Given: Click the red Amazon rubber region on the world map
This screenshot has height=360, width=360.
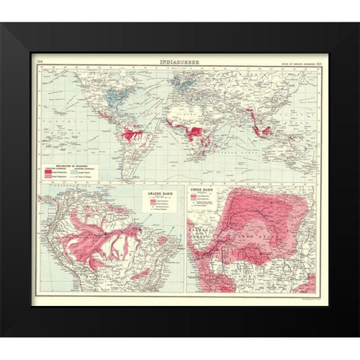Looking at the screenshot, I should pyautogui.click(x=133, y=135).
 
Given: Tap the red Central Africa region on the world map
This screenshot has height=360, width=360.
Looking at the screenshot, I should pyautogui.click(x=196, y=132).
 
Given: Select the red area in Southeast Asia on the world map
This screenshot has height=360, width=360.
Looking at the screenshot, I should pyautogui.click(x=265, y=129).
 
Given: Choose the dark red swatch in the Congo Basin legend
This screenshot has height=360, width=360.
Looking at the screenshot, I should pyautogui.click(x=194, y=198).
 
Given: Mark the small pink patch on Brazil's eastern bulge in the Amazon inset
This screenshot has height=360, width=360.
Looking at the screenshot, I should pyautogui.click(x=162, y=241).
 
